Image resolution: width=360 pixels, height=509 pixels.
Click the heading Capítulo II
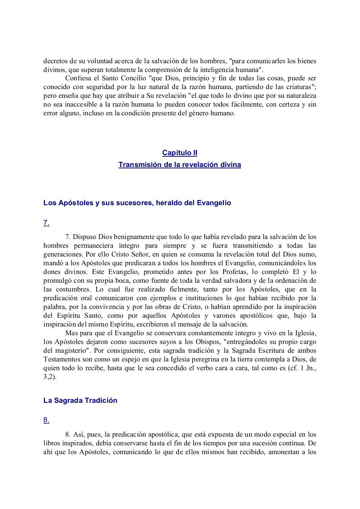[179, 153]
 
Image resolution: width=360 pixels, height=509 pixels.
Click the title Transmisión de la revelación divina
[179, 165]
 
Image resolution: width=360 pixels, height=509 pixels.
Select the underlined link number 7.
[46, 223]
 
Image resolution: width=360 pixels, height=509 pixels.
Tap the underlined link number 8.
[46, 420]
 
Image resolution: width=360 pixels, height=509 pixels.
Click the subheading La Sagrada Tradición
[80, 400]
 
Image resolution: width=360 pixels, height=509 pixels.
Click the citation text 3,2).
[50, 377]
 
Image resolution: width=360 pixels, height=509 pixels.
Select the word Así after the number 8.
[78, 435]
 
